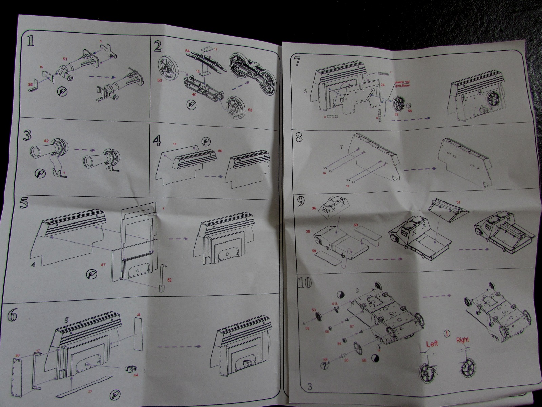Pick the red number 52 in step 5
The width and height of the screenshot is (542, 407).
pos(169,280)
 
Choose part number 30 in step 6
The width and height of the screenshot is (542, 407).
pos(18,355)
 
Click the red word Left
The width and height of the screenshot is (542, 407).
pos(432,343)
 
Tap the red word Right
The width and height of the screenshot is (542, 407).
pos(462,340)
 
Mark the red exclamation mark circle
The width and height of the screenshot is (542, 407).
pos(448,324)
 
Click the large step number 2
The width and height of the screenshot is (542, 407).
pos(157,46)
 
